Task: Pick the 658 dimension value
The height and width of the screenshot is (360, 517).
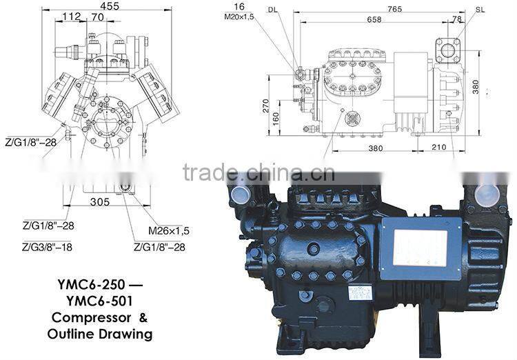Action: [373, 20]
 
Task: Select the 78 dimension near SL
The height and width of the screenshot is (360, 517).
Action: [457, 20]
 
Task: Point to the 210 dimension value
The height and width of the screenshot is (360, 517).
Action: [438, 147]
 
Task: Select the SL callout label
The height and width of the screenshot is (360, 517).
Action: [480, 10]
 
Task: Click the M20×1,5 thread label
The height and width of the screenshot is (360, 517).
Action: [239, 17]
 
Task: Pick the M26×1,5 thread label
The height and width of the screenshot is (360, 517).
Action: [168, 231]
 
